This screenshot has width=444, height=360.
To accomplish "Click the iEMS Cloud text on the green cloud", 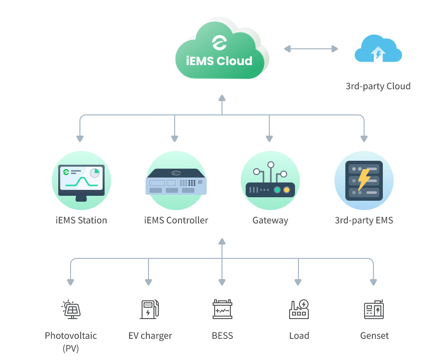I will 220,61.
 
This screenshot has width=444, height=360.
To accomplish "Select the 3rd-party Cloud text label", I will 378,86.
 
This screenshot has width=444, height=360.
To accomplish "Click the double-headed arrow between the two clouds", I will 311,49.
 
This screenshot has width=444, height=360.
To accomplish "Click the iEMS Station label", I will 81,220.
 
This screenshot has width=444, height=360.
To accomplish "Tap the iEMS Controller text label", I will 176,220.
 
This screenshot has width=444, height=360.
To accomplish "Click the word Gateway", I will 270,220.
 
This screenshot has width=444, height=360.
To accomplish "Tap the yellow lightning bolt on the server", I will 364,179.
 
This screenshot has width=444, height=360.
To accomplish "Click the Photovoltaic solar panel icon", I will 71,309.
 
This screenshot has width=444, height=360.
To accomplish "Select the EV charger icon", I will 148,309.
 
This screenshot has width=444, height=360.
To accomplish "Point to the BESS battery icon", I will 222,309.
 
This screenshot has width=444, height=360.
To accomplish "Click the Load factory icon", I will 298,309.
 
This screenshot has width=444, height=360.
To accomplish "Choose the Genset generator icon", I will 373,309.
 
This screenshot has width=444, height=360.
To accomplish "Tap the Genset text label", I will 374,336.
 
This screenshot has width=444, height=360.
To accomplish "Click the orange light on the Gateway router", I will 286,190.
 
